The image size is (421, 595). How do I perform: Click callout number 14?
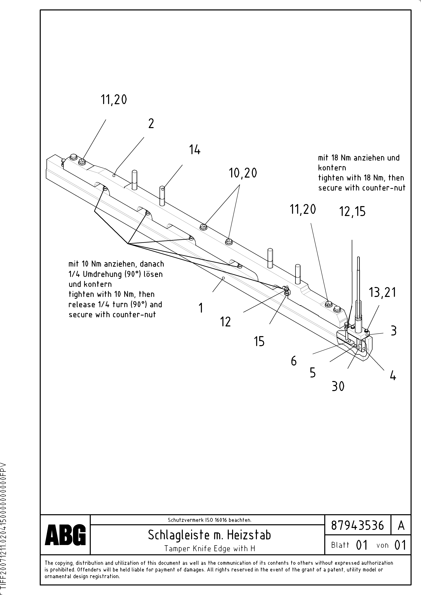coord(195,150)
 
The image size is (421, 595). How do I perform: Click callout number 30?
coord(338,386)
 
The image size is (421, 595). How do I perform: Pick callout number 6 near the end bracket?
coord(294,361)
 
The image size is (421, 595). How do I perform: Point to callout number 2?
coord(151,123)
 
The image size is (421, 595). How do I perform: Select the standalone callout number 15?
coord(259,341)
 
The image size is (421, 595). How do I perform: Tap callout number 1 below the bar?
coord(201,308)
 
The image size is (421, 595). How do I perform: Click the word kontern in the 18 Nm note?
coord(332,168)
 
